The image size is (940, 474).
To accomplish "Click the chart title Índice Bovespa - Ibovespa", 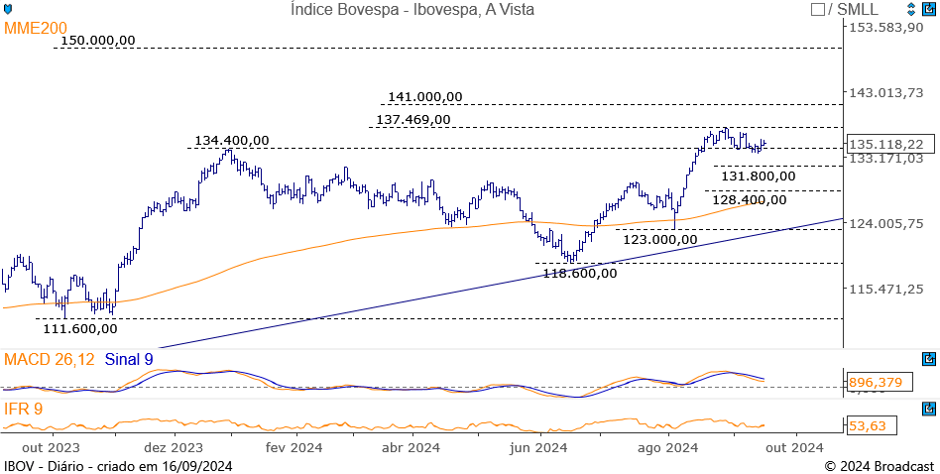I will [x=412, y=10].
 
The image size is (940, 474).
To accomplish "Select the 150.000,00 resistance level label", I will [x=97, y=41].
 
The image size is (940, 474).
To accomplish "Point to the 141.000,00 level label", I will [x=424, y=97].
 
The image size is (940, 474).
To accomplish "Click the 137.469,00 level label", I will [x=412, y=120].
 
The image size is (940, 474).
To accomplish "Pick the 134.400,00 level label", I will [x=231, y=141].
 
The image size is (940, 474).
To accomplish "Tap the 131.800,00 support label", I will [x=758, y=177].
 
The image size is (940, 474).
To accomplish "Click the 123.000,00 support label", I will [x=659, y=239].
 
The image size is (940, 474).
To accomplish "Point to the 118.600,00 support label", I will [x=579, y=273].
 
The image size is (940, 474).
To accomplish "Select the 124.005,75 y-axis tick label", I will [x=886, y=223].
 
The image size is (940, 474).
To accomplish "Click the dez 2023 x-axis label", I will [x=174, y=448].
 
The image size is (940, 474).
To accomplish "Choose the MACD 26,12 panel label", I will [x=49, y=359].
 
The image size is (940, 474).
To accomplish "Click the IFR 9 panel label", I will [x=24, y=407].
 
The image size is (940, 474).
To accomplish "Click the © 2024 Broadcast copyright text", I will [x=879, y=466].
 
